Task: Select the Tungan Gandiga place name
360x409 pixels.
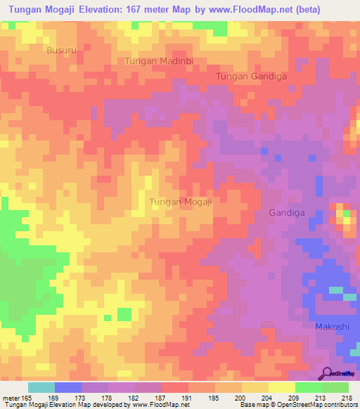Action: pos(251,77)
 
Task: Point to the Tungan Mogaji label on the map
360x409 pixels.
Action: pos(181,202)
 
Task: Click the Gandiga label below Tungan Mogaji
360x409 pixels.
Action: pos(288,212)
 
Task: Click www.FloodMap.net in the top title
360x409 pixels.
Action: pos(241,10)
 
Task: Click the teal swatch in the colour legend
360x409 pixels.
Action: pos(41,387)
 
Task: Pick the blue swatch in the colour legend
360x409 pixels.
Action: pos(68,387)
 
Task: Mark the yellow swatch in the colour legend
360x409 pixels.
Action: pos(282,387)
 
